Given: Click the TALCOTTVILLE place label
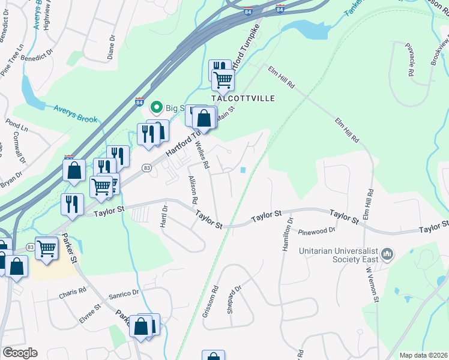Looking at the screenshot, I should [243, 98].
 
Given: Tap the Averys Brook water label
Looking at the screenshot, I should [75, 115].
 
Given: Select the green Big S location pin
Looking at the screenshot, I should [157, 108].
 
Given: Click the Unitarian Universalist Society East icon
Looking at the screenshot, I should [387, 255].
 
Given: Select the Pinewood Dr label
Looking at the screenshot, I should [316, 230].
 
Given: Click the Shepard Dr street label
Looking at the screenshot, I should [234, 298].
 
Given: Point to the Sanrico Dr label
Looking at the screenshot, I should [124, 295].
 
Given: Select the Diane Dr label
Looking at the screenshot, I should [111, 46].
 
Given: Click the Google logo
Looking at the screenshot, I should [20, 353].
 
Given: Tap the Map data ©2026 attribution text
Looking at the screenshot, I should [423, 355].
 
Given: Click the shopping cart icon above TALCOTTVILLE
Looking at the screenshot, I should [223, 79].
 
